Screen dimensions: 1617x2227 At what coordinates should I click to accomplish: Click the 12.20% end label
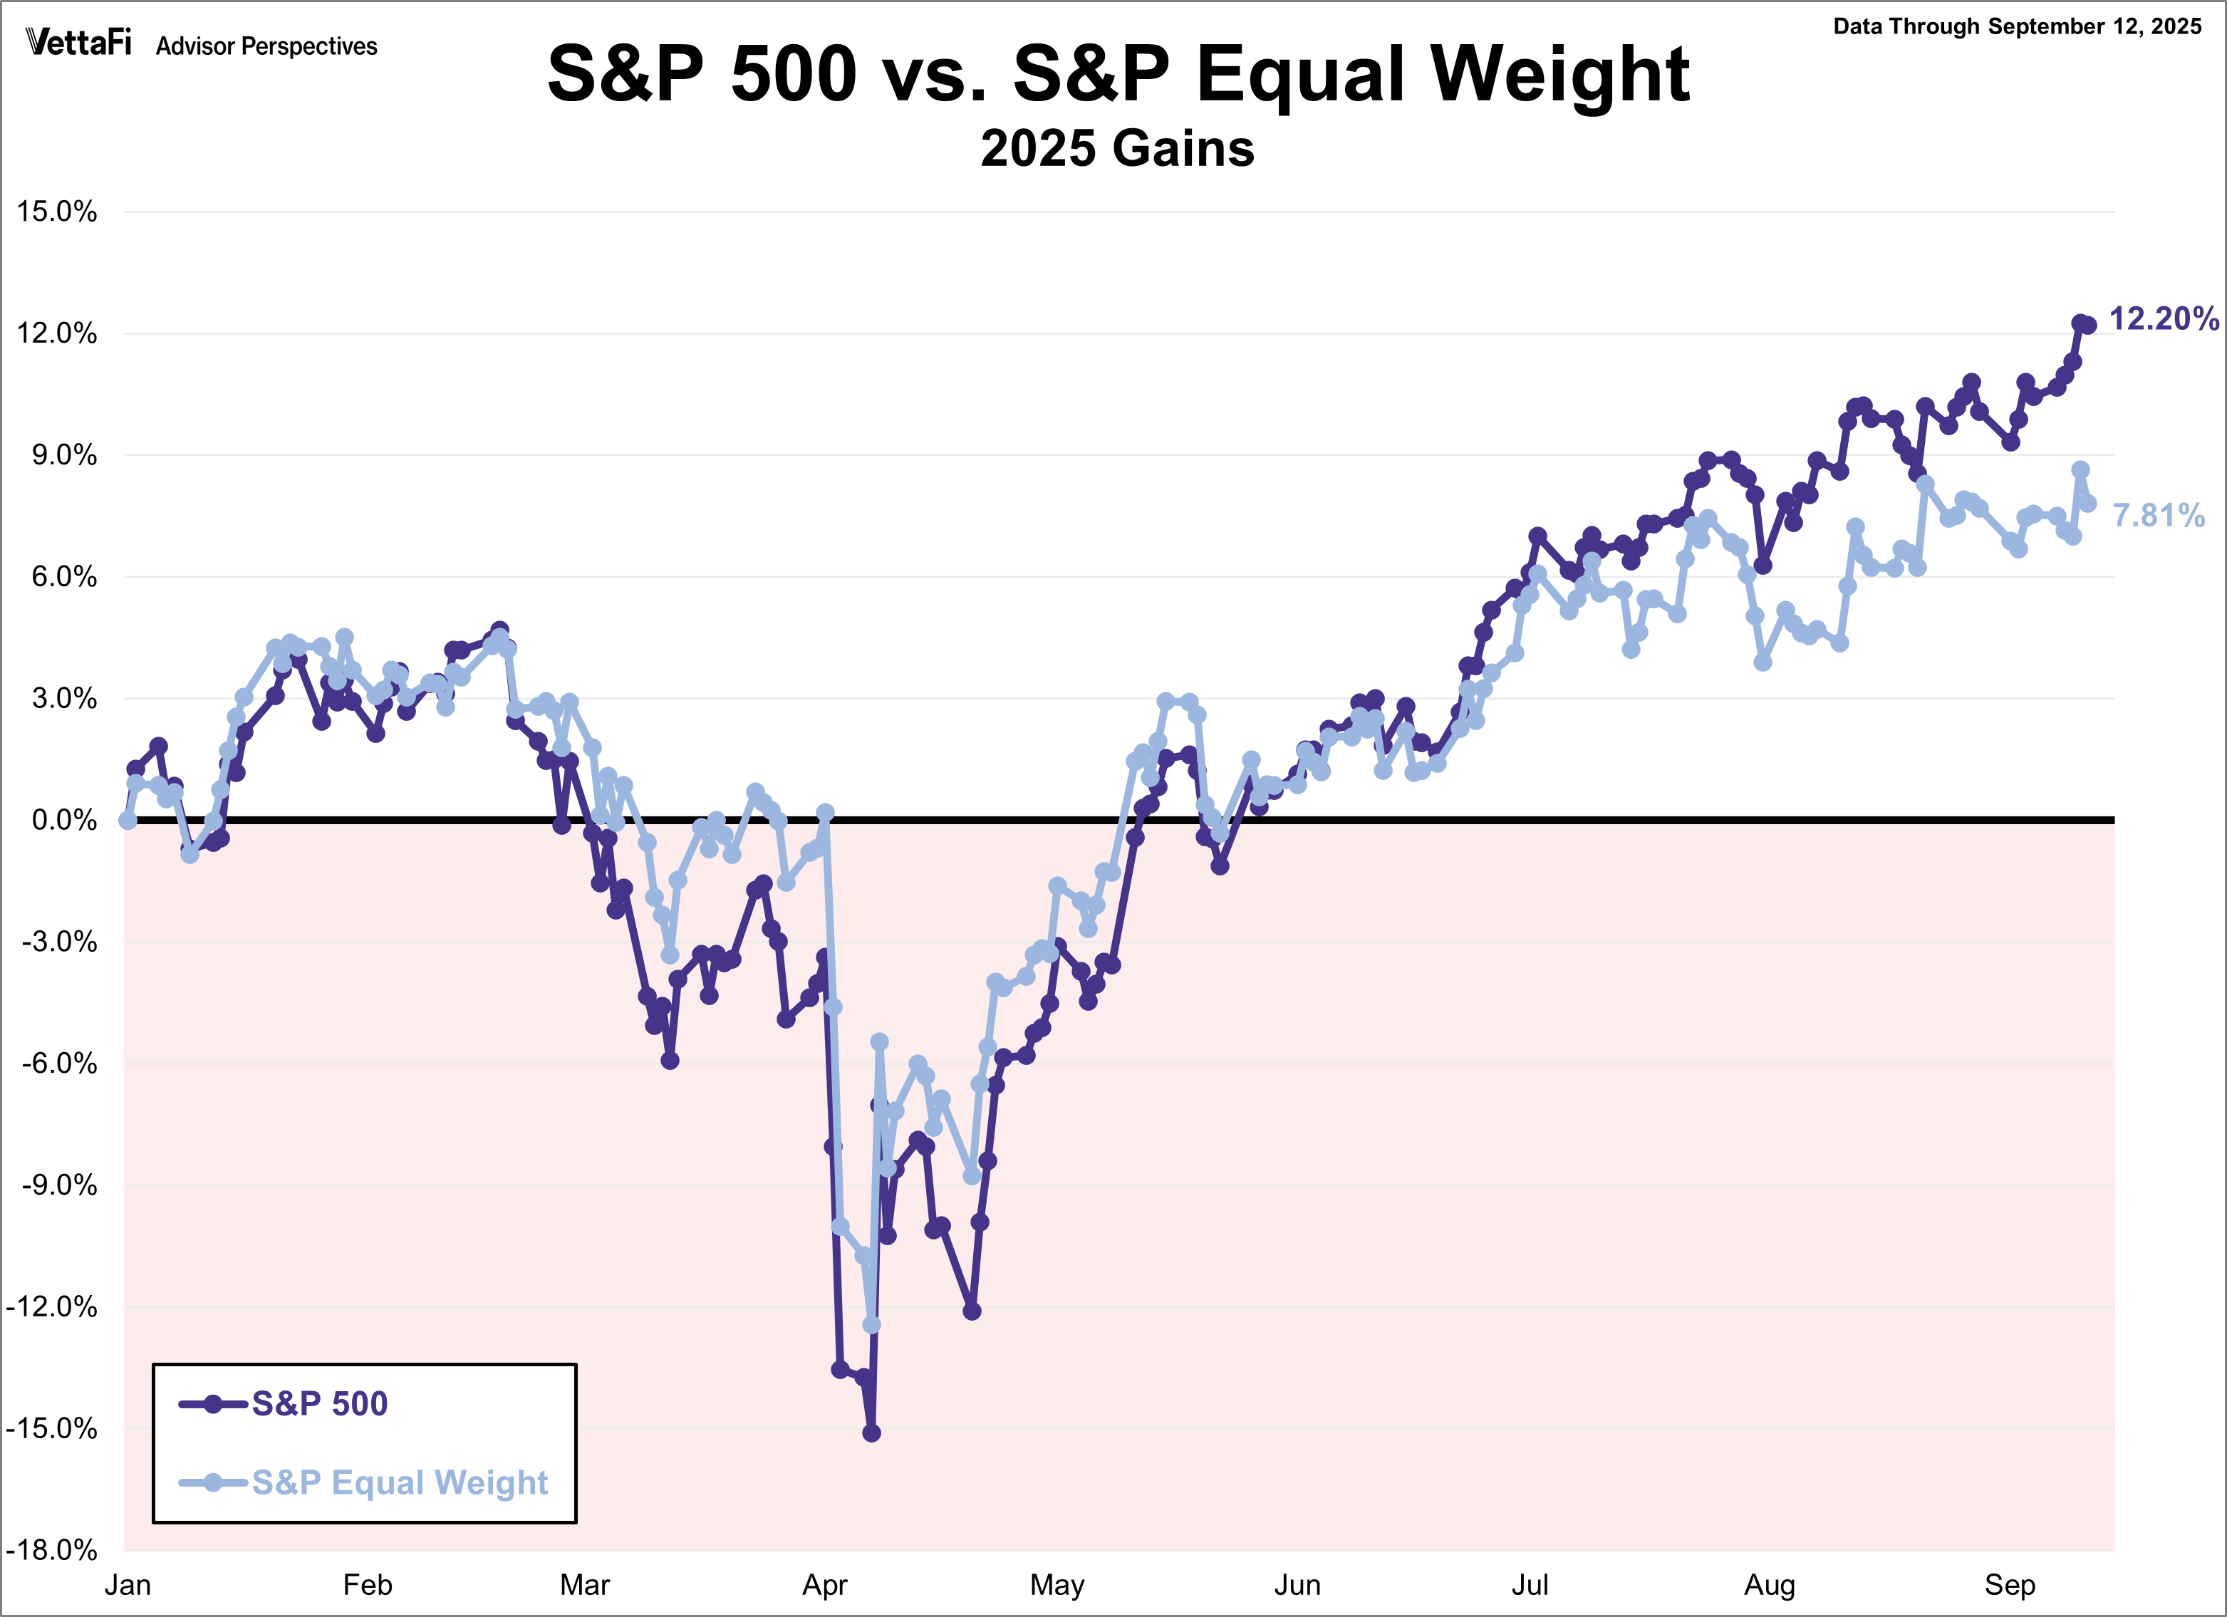point(2163,318)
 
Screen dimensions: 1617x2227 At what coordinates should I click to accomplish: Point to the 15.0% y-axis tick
point(57,212)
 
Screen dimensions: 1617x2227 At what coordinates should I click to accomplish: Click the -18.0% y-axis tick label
point(52,1550)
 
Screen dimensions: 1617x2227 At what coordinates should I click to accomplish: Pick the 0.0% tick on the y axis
point(64,820)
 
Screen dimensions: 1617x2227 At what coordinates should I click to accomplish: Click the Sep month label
point(2009,1585)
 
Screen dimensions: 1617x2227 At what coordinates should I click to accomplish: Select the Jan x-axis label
point(128,1585)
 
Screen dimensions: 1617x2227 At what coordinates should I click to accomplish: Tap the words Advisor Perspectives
point(266,46)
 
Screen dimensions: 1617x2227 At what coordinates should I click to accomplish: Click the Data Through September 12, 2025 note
point(2017,26)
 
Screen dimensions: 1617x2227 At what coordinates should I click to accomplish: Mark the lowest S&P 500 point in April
point(871,1433)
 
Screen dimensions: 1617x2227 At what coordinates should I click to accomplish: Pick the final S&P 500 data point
point(2087,325)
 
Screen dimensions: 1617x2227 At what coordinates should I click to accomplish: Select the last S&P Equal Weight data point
point(2087,504)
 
